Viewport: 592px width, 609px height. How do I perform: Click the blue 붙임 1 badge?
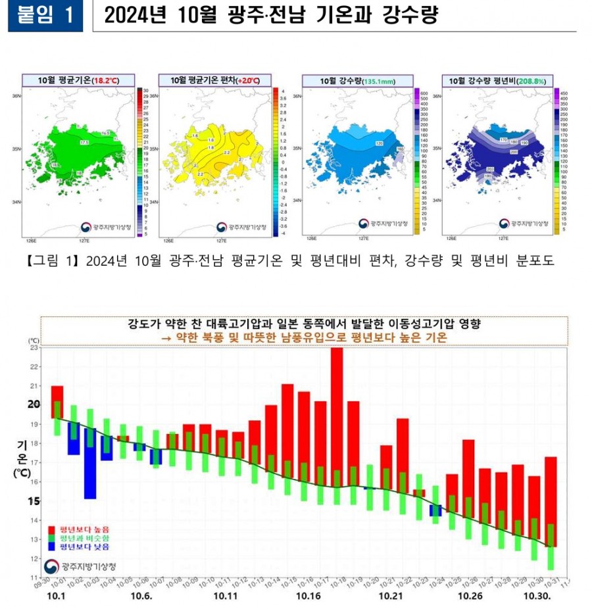point(45,16)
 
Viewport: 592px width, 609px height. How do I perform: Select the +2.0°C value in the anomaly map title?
point(247,80)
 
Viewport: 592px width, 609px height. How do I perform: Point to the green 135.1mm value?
point(378,80)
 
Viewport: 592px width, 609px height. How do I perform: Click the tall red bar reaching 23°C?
point(337,421)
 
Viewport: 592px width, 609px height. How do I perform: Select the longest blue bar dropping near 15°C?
point(90,463)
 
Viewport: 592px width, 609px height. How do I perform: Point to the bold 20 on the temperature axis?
point(34,404)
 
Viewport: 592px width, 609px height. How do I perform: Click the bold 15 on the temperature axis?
point(34,500)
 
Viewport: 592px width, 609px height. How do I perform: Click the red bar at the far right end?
point(551,500)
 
